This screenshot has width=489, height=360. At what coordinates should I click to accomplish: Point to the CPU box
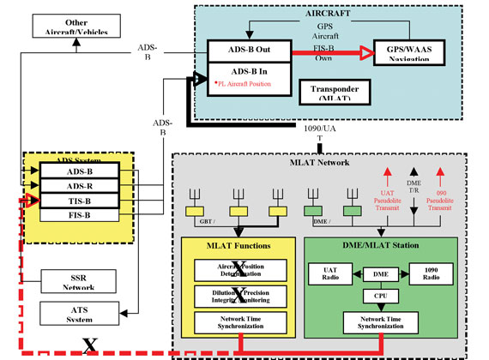tap(378, 294)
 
